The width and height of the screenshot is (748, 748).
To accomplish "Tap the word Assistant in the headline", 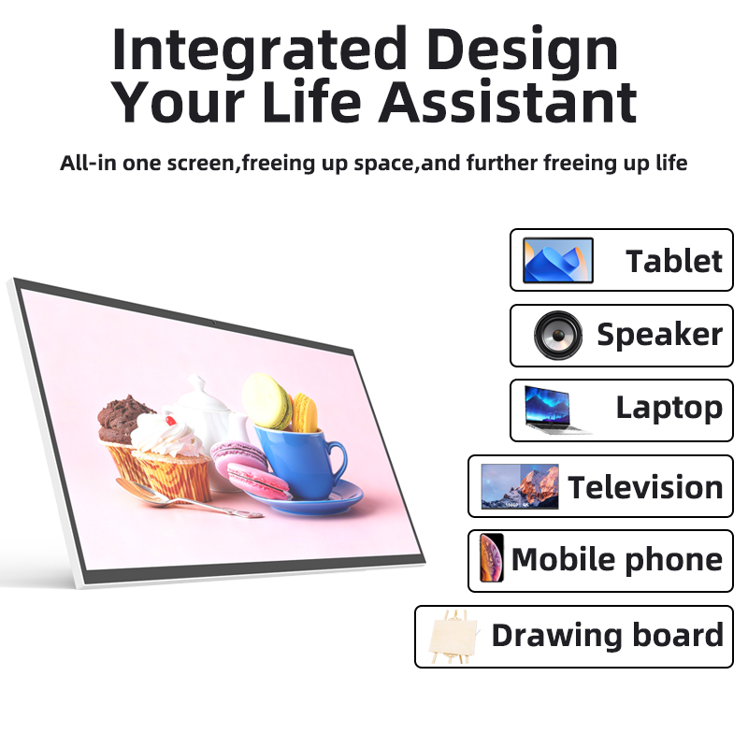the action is [508, 102].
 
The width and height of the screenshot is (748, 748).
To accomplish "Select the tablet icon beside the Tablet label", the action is [557, 261].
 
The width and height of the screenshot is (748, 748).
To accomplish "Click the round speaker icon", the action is [558, 336].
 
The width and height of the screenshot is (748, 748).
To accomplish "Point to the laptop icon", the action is [556, 410].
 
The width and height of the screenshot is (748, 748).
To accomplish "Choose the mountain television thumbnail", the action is [520, 486].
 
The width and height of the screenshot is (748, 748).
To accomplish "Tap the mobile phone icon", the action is [492, 557].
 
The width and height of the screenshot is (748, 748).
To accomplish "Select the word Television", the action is [645, 487].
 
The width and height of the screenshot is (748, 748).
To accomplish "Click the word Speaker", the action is [660, 335].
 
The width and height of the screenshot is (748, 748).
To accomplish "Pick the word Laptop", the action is [669, 409].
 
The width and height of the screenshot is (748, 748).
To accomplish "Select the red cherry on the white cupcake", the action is [170, 420].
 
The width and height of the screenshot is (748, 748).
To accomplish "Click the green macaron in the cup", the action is [266, 400].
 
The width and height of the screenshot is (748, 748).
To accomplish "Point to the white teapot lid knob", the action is [196, 382].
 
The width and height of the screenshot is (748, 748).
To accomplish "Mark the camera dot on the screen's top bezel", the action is [214, 323].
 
